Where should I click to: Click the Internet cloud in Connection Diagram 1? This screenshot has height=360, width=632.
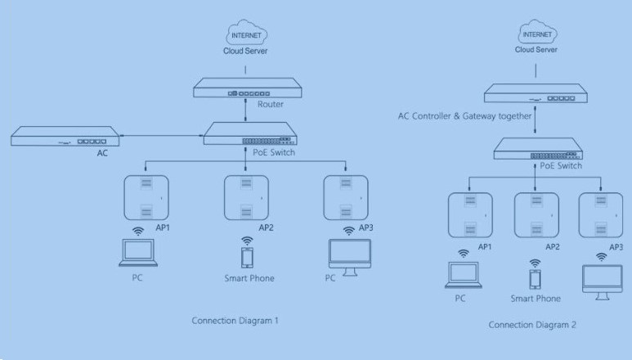tap(247, 33)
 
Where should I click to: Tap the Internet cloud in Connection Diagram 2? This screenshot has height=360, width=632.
tap(537, 32)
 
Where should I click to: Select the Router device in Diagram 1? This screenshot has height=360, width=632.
tap(248, 88)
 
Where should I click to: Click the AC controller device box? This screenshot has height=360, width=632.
tap(65, 137)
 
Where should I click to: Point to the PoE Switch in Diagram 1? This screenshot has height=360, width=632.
tap(250, 134)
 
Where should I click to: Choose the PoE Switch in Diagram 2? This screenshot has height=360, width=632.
tap(538, 149)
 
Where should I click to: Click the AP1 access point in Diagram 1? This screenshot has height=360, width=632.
tap(146, 197)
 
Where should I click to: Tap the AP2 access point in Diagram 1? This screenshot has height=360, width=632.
tap(246, 197)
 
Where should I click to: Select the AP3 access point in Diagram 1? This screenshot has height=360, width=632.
tap(346, 197)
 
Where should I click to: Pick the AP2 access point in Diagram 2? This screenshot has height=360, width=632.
tap(536, 215)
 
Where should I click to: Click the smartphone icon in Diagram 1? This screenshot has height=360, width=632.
tap(247, 258)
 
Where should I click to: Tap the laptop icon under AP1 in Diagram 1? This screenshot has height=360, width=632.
tap(138, 253)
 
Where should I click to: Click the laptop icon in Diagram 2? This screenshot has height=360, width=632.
tap(464, 275)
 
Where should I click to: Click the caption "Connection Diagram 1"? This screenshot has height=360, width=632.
tap(235, 321)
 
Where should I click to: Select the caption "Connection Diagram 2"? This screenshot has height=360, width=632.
tap(532, 325)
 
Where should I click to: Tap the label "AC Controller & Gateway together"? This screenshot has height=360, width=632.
tap(464, 116)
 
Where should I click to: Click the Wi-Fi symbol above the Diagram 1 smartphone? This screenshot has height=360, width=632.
tap(247, 241)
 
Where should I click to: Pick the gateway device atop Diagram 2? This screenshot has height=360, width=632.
tap(536, 93)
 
